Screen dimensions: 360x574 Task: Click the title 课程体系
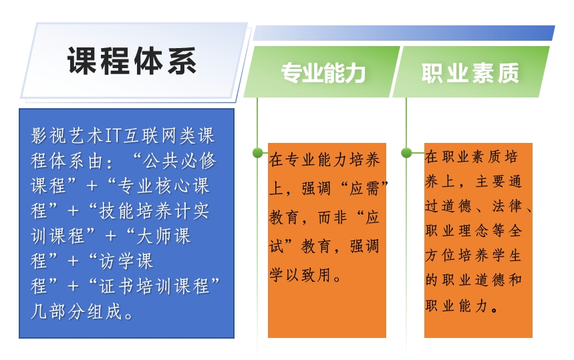click(132, 61)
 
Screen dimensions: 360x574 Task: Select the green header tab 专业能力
click(323, 73)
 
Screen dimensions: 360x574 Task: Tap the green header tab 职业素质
click(470, 73)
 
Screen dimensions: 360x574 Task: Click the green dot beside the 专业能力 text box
click(257, 153)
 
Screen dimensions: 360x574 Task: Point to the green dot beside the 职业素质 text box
click(406, 153)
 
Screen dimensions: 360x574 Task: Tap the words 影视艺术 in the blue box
click(65, 136)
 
